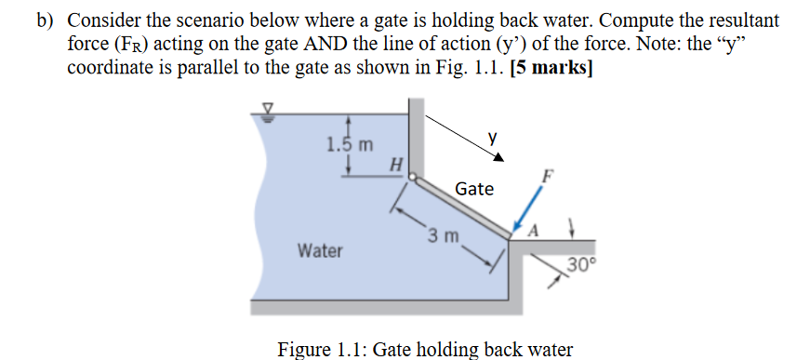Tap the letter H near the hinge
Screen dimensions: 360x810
tap(397, 165)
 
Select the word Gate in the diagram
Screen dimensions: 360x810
tap(474, 189)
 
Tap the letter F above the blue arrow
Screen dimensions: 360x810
tap(550, 175)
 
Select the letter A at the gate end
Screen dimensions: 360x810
tap(533, 231)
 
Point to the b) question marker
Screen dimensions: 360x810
tap(46, 20)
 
